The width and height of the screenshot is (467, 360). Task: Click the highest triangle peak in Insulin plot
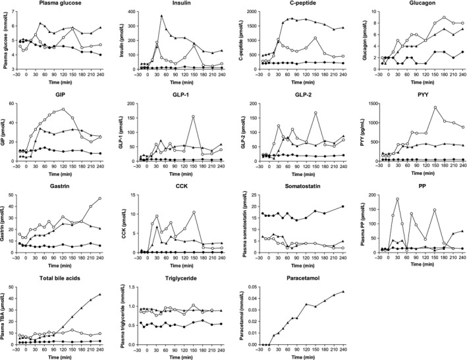tap(162, 15)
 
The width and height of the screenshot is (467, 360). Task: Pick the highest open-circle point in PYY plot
tap(435, 107)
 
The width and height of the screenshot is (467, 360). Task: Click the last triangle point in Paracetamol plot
tap(343, 291)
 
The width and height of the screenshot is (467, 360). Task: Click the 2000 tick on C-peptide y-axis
tap(254, 12)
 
